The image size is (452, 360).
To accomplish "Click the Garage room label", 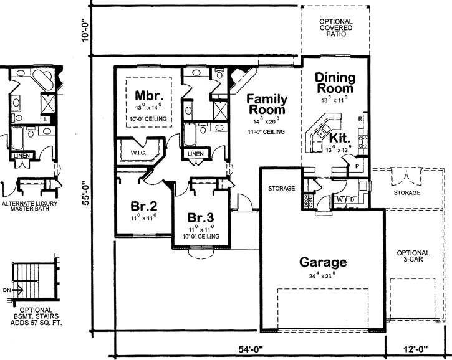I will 322,262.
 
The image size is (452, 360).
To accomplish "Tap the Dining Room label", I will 335,83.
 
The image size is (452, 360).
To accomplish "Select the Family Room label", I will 266,105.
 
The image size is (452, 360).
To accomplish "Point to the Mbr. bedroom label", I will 149,96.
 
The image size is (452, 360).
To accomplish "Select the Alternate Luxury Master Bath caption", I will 29,207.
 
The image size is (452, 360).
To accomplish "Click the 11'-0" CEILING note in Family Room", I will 267,132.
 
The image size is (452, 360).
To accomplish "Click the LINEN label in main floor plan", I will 195,153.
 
